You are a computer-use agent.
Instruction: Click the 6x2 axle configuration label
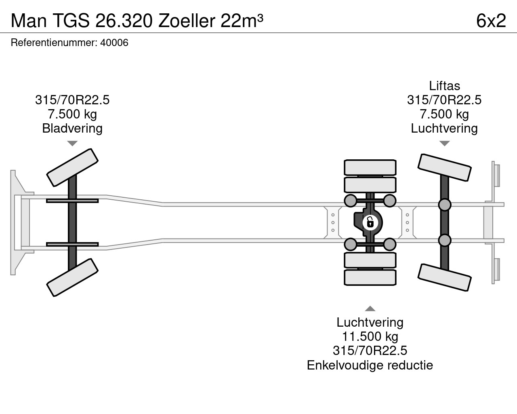point(491,21)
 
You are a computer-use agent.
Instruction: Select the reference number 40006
point(114,43)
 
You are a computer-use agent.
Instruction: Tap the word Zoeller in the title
point(187,21)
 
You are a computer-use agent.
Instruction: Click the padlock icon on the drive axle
point(370,222)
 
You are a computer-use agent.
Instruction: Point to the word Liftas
point(444,86)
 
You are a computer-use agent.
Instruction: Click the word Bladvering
point(72,129)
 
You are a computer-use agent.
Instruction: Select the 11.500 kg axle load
point(370,336)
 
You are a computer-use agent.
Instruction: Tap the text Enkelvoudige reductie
point(370,365)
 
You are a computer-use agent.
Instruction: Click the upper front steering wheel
point(72,167)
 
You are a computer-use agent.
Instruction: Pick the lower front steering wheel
point(72,277)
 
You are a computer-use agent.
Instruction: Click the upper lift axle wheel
point(444,167)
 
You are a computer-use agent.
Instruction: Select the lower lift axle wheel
point(444,278)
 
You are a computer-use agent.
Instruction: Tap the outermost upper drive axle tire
point(370,167)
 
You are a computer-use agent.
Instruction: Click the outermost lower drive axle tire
point(370,278)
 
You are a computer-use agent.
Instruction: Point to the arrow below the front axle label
point(72,144)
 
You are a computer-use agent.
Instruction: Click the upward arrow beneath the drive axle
point(370,308)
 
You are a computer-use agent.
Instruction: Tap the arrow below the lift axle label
point(444,144)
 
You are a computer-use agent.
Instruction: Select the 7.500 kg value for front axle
point(72,114)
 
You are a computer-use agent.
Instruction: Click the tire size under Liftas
point(444,100)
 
